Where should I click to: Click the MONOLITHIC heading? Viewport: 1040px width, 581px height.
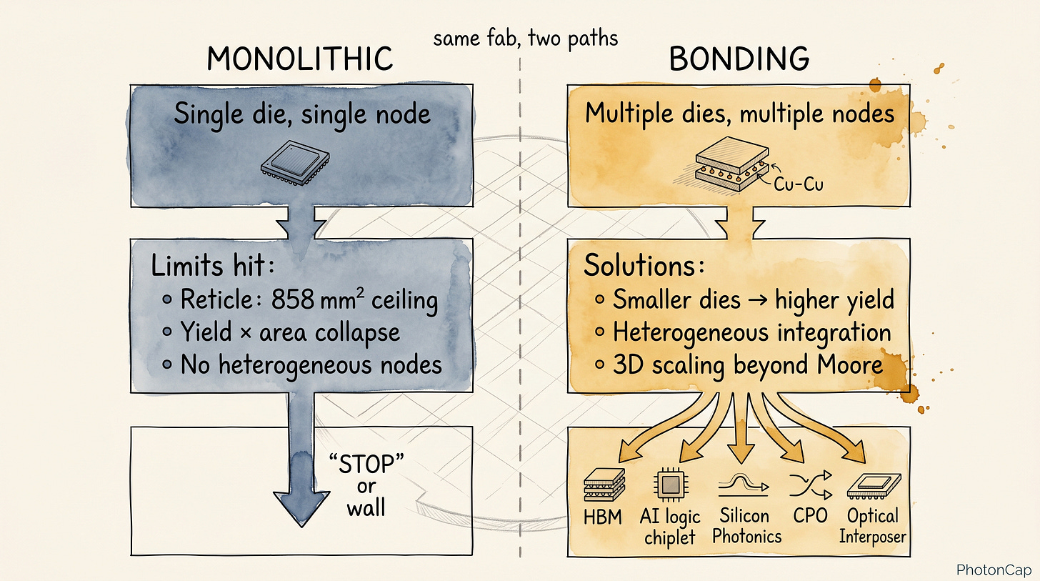coord(300,59)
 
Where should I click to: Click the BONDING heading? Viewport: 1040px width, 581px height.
coord(739,59)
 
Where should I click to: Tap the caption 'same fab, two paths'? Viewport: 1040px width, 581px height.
coord(526,39)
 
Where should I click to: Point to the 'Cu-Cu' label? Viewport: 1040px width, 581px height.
coord(799,184)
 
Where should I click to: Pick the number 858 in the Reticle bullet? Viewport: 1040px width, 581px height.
coord(293,299)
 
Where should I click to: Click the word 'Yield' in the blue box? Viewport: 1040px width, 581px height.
coord(206,332)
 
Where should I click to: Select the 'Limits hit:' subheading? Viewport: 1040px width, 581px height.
coord(213,266)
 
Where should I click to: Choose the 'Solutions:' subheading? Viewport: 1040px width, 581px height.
coord(644,266)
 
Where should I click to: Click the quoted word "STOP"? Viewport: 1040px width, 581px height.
coord(366,464)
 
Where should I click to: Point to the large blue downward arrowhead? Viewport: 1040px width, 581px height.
coord(301,507)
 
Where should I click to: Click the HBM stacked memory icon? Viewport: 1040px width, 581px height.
coord(604,485)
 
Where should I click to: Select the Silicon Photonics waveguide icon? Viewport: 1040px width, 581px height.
coord(743,485)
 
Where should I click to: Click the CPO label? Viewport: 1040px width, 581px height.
coord(810,516)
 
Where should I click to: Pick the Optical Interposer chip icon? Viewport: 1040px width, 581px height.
coord(874,486)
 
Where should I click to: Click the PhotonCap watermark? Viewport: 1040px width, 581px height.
coord(994,570)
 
